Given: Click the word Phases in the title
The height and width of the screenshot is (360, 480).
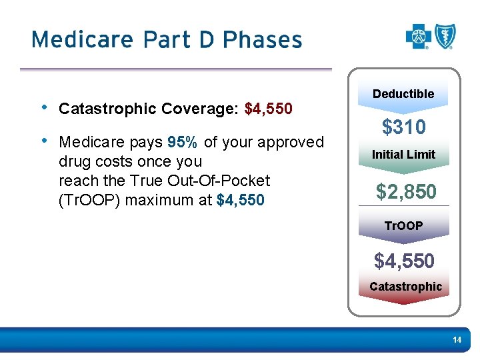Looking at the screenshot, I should pyautogui.click(x=263, y=39).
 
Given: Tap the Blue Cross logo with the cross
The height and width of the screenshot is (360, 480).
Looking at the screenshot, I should pyautogui.click(x=418, y=37).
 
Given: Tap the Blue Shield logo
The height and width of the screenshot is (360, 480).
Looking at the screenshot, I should pyautogui.click(x=445, y=36).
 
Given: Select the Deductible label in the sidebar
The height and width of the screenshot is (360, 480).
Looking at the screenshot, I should pyautogui.click(x=403, y=94).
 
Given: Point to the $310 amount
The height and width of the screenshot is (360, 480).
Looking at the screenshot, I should pyautogui.click(x=403, y=127).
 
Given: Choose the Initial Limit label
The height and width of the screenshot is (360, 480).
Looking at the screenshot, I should pyautogui.click(x=403, y=154).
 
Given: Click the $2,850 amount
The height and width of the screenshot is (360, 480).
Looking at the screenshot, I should pyautogui.click(x=406, y=192).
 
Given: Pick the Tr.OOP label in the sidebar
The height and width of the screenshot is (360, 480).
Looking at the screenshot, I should pyautogui.click(x=403, y=225).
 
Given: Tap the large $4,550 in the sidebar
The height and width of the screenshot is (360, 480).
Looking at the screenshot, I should pyautogui.click(x=404, y=261).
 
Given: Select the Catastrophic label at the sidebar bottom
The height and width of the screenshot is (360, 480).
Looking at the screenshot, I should pyautogui.click(x=405, y=287).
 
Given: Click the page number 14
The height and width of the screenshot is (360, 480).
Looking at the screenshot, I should pyautogui.click(x=457, y=340).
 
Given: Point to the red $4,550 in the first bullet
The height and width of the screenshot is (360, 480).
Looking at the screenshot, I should pyautogui.click(x=269, y=108).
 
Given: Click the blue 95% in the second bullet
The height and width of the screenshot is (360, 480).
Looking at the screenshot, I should pyautogui.click(x=182, y=142).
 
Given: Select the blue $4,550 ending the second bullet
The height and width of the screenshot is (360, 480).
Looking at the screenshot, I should pyautogui.click(x=241, y=200).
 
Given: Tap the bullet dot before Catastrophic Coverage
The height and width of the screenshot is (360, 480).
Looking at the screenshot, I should pyautogui.click(x=43, y=107).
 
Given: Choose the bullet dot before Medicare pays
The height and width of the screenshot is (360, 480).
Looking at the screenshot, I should pyautogui.click(x=43, y=141).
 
